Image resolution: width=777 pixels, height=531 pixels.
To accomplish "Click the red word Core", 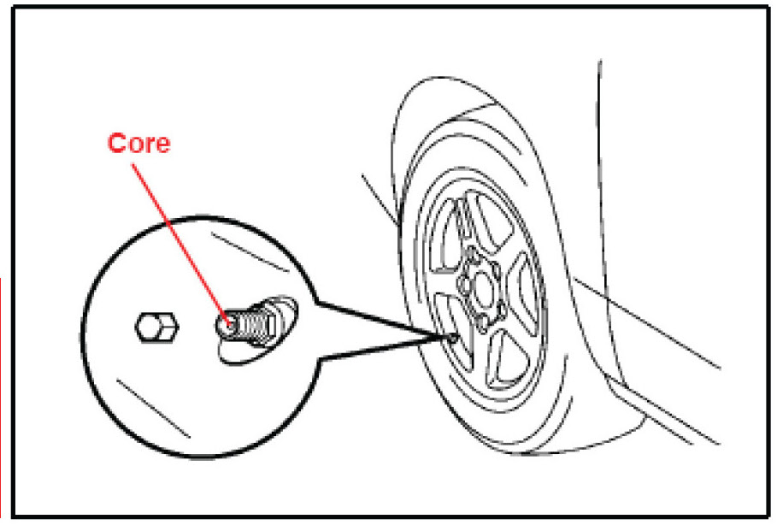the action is coord(138,143).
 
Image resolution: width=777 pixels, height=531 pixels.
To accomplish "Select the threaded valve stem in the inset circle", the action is coord(252,322).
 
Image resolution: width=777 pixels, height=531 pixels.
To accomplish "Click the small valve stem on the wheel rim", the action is coord(449,339).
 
